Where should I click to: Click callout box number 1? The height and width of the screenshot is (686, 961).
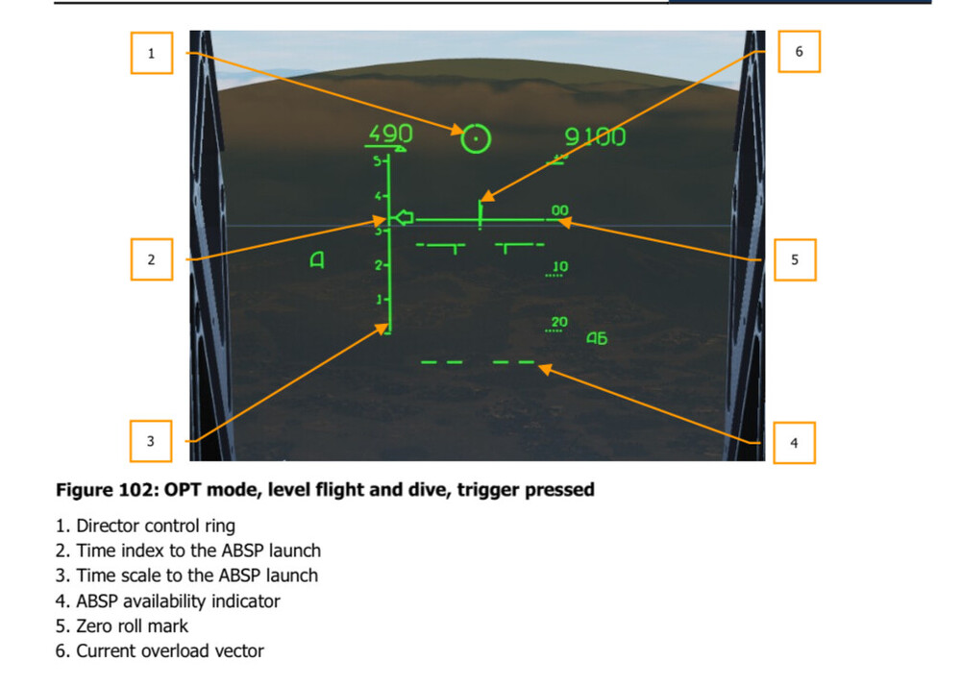click(x=152, y=53)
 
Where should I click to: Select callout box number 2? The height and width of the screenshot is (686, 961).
click(x=152, y=259)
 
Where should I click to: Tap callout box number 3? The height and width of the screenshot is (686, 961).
click(x=151, y=441)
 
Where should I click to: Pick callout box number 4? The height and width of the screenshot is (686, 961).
click(x=795, y=443)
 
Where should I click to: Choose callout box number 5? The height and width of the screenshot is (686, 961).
click(x=795, y=259)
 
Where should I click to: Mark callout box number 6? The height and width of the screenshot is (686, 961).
click(x=800, y=52)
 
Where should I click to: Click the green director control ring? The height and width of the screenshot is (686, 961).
click(x=476, y=138)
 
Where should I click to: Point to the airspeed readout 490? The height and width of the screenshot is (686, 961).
click(x=390, y=134)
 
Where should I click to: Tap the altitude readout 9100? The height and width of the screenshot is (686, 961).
click(x=595, y=136)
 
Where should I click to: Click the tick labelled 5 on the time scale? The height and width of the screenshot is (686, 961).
click(x=379, y=161)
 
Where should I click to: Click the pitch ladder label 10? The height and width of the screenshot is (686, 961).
click(x=560, y=266)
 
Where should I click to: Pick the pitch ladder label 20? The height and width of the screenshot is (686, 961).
click(x=559, y=322)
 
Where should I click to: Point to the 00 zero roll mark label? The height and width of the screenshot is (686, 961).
click(x=559, y=210)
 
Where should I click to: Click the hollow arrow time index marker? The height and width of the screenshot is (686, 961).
click(x=403, y=217)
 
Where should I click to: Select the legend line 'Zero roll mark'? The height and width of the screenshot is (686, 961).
click(x=122, y=626)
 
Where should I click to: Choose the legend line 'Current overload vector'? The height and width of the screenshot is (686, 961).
click(x=160, y=651)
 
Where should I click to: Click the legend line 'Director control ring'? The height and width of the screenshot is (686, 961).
click(x=145, y=527)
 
